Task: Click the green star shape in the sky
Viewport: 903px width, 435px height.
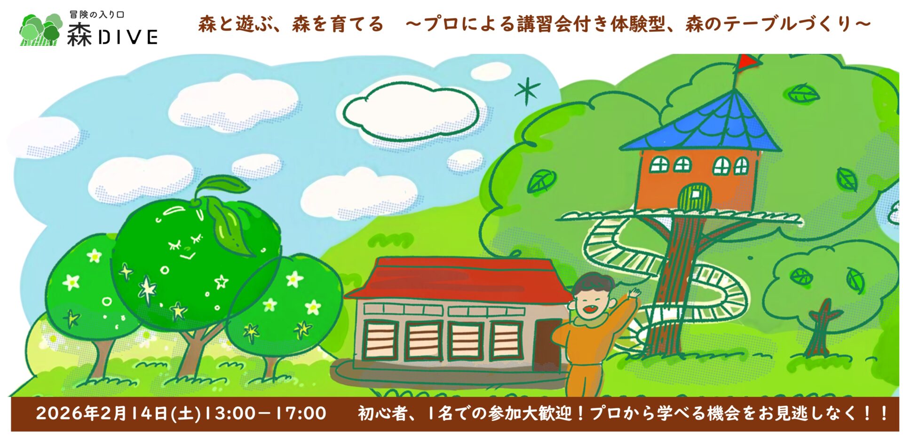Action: pos(527,91)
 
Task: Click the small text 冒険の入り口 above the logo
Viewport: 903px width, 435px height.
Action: pos(97,15)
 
